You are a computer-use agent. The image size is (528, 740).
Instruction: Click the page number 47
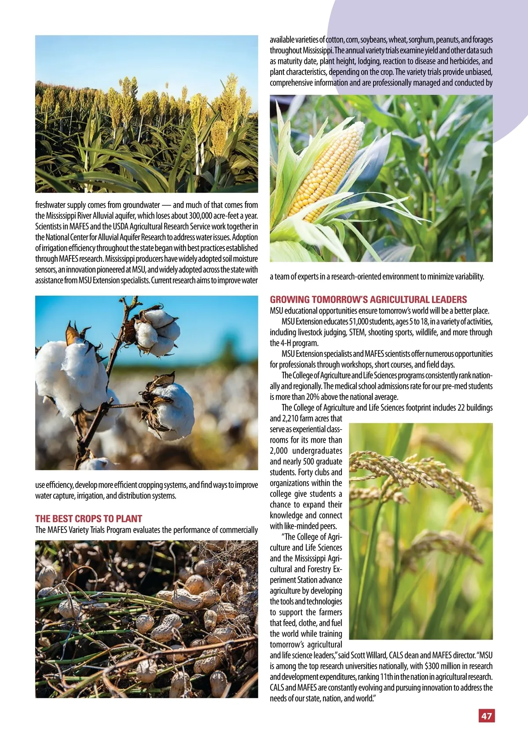coord(486,716)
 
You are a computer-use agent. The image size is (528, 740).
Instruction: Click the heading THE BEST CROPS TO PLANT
coord(88,518)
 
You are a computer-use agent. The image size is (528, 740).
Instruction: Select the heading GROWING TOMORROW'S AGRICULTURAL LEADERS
coord(368,300)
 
